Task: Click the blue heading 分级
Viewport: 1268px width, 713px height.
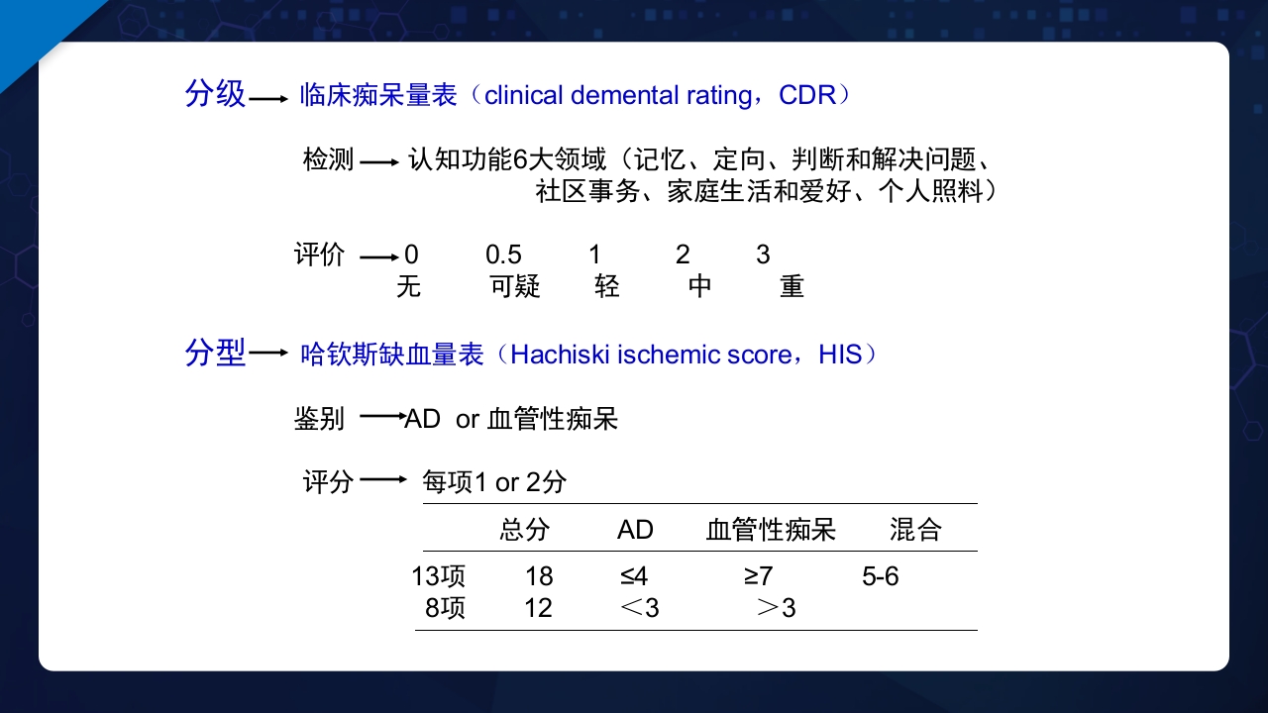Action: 215,94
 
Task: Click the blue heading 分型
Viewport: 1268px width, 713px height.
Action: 215,353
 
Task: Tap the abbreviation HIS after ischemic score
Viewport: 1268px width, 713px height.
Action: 840,354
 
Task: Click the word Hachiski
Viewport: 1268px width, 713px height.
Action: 560,354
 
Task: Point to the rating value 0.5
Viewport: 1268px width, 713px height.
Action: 503,255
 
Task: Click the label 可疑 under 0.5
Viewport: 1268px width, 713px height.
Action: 515,287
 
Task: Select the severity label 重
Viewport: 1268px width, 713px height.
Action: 792,287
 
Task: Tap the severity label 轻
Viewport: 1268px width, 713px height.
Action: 607,287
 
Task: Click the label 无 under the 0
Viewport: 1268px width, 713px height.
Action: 408,287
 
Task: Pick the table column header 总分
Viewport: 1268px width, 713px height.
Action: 524,530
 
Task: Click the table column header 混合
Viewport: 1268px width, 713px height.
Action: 914,530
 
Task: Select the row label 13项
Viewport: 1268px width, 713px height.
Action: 439,576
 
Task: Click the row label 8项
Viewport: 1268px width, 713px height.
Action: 445,607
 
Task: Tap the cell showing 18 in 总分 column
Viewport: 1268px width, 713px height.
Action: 539,576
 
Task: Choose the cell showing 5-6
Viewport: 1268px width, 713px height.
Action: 880,576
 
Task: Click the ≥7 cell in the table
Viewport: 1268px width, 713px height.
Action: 758,576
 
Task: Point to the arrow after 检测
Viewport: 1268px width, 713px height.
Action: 378,160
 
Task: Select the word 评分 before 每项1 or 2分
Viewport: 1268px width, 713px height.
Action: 328,482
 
